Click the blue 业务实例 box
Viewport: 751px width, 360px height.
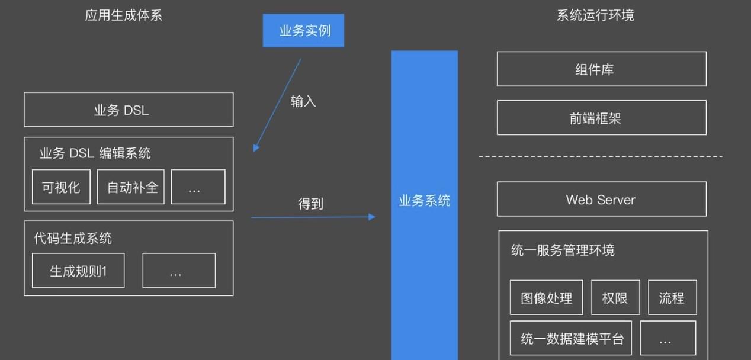pos(303,31)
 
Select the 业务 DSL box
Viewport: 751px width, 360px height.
pos(129,110)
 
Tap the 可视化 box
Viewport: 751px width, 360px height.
pos(61,187)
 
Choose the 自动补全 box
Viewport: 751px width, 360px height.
pos(131,187)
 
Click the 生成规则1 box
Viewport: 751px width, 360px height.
pos(78,271)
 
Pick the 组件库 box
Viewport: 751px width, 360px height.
pos(601,69)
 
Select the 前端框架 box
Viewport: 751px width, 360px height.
pos(601,118)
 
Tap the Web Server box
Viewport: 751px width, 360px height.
pos(601,200)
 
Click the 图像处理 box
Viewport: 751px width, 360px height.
pos(546,297)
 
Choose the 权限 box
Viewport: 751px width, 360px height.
pos(615,297)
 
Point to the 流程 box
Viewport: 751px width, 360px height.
pos(672,297)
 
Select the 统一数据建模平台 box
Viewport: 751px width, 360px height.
pos(571,339)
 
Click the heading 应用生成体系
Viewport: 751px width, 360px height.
pos(123,15)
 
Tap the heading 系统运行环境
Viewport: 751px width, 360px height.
pos(595,15)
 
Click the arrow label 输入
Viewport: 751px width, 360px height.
pos(303,101)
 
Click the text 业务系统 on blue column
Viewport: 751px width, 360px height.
pos(425,201)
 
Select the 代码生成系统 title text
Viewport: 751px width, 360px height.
pos(73,239)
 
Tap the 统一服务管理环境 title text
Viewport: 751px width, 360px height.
pos(563,250)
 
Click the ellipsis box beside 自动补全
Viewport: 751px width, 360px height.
pos(198,187)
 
